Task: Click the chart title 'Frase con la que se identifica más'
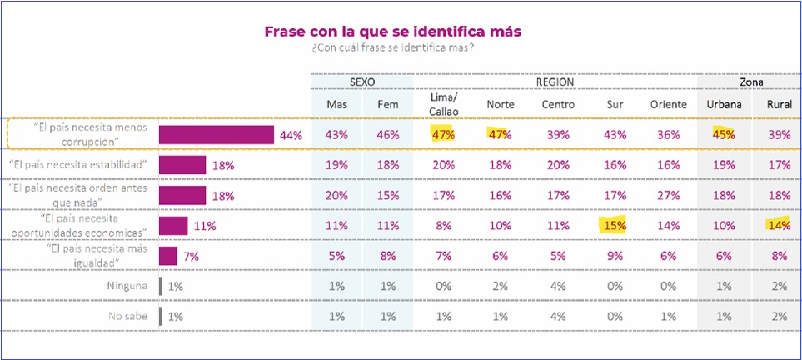392,31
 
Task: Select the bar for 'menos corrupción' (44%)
217,135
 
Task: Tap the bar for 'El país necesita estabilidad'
182,165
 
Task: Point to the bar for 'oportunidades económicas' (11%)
173,226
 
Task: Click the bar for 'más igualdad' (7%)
167,256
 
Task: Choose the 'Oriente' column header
668,105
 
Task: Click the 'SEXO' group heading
362,82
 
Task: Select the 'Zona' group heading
753,82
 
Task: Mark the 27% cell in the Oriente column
668,195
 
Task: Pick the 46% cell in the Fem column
387,135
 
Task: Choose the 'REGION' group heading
555,82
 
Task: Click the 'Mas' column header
336,105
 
